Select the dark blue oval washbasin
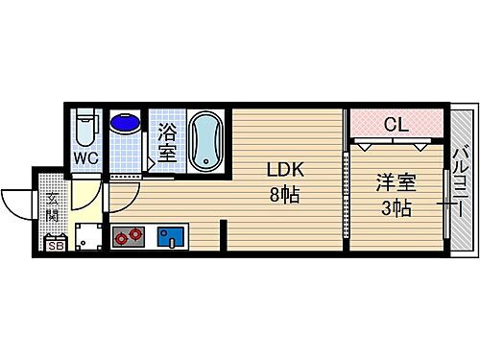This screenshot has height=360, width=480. pyautogui.click(x=124, y=122)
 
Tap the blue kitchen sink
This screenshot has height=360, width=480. pyautogui.click(x=171, y=235)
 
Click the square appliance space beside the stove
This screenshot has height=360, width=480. pyautogui.click(x=89, y=236)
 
